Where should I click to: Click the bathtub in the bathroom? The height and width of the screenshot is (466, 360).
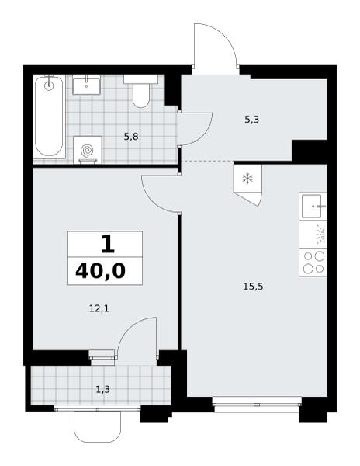pyautogui.click(x=49, y=116)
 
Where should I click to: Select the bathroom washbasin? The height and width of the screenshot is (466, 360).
pyautogui.click(x=86, y=85)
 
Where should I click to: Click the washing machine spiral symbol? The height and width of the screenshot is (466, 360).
pyautogui.click(x=87, y=151)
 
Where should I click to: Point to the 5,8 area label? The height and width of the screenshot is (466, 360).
pyautogui.click(x=131, y=137)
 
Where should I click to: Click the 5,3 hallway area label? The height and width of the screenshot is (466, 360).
pyautogui.click(x=251, y=120)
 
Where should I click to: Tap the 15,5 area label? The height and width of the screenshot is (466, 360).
pyautogui.click(x=253, y=287)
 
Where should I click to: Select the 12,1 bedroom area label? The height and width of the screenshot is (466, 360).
pyautogui.click(x=99, y=309)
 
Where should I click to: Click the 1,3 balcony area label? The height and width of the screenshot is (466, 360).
pyautogui.click(x=103, y=389)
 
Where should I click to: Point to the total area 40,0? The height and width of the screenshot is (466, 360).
pyautogui.click(x=101, y=271)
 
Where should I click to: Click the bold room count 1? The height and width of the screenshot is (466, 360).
pyautogui.click(x=107, y=245)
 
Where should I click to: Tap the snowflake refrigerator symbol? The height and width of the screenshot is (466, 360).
pyautogui.click(x=247, y=179)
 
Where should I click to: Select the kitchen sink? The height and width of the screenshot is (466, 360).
pyautogui.click(x=313, y=207)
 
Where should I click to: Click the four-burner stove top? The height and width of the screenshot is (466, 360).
pyautogui.click(x=313, y=263)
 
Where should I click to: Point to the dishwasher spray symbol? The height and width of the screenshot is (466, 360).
pyautogui.click(x=320, y=235)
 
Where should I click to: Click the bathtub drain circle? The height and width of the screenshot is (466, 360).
pyautogui.click(x=49, y=86)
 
